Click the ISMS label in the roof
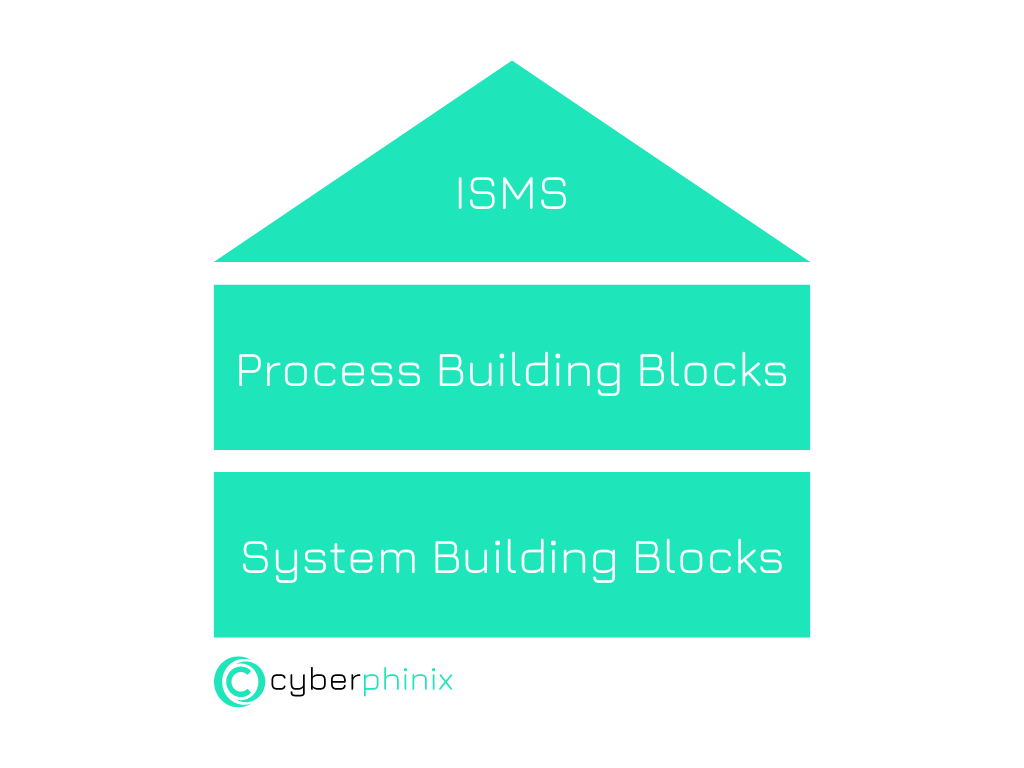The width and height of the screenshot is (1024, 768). click(511, 193)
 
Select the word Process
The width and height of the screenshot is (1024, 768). click(328, 370)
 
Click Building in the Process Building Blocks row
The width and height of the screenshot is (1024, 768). click(529, 372)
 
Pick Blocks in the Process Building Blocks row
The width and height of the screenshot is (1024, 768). click(712, 370)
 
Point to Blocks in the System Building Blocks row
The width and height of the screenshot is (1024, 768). click(708, 558)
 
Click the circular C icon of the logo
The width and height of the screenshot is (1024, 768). click(239, 682)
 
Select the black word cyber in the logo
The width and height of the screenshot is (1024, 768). click(315, 682)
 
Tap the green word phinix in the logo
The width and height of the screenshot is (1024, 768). click(408, 682)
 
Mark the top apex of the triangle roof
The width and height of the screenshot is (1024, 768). click(512, 61)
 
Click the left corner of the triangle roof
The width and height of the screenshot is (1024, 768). click(215, 261)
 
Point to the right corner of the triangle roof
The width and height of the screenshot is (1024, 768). click(809, 261)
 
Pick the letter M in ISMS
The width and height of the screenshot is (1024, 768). click(516, 193)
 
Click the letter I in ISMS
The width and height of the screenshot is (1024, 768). click(460, 193)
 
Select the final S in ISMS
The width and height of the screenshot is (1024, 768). click(553, 193)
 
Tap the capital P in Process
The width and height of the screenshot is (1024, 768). click(249, 370)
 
